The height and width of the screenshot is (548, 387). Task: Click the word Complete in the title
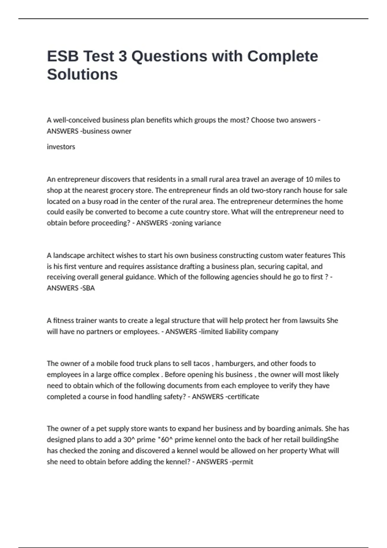pyautogui.click(x=283, y=56)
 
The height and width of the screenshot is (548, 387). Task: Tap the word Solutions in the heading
pyautogui.click(x=82, y=74)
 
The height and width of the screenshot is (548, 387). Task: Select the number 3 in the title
pyautogui.click(x=123, y=56)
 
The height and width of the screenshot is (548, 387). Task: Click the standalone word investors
pyautogui.click(x=61, y=147)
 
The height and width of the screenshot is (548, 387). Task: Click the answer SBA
pyautogui.click(x=89, y=288)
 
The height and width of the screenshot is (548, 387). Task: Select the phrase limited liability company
pyautogui.click(x=240, y=331)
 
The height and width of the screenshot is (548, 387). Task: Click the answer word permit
pyautogui.click(x=243, y=462)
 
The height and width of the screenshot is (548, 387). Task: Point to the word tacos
pyautogui.click(x=202, y=363)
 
